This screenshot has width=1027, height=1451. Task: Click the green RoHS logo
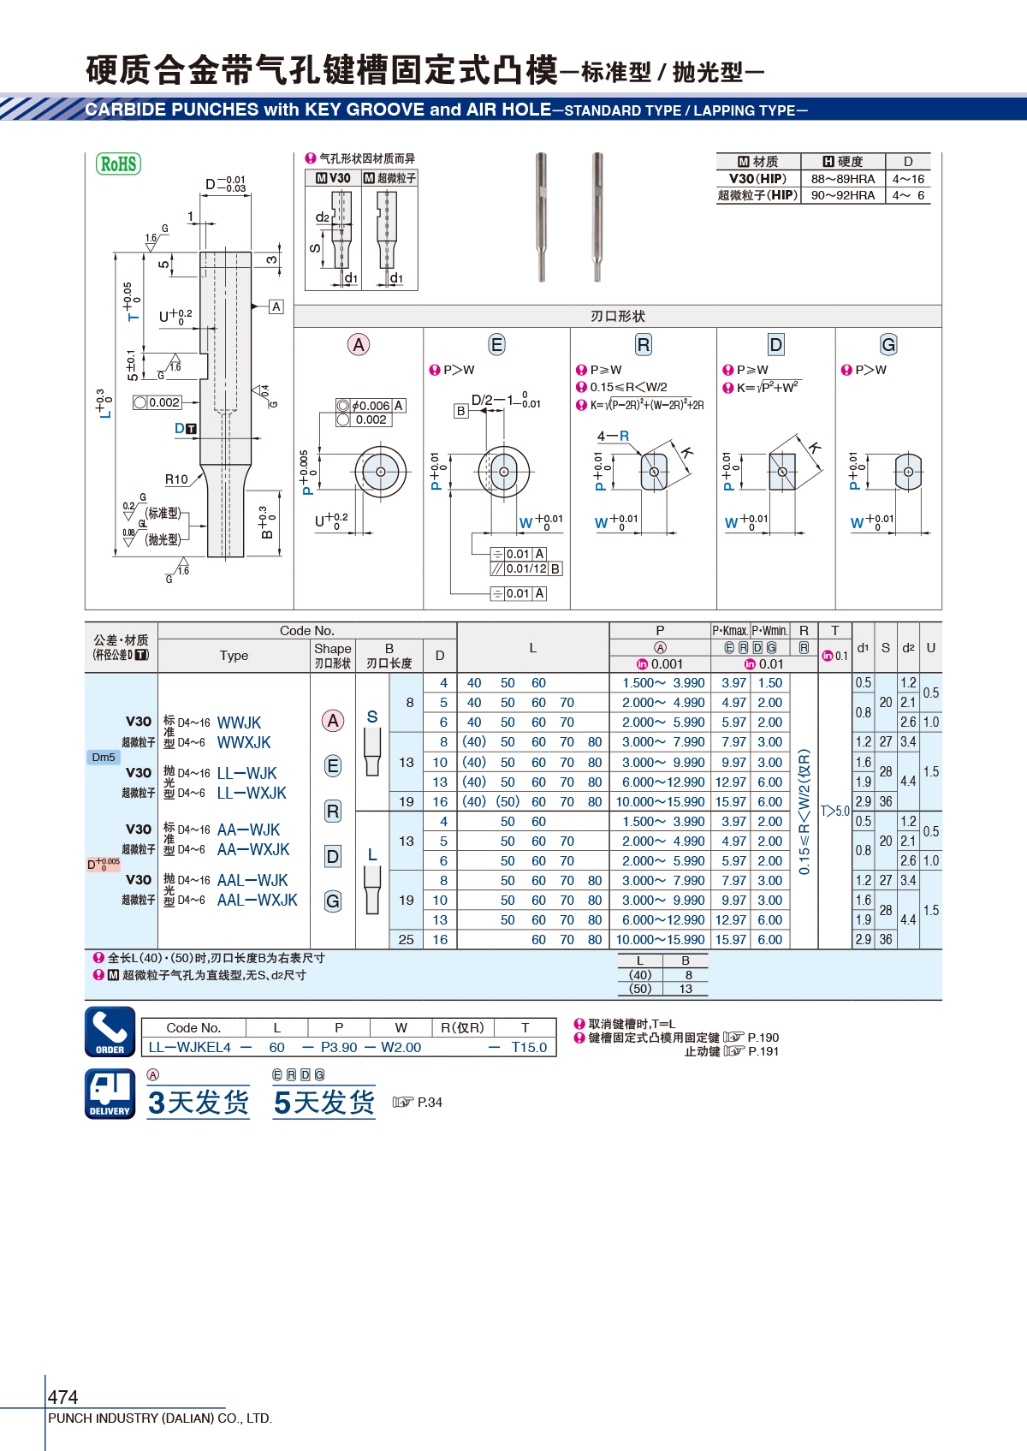pyautogui.click(x=118, y=164)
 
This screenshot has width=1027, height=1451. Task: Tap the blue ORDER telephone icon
pyautogui.click(x=110, y=1032)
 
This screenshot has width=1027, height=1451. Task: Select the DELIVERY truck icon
pyautogui.click(x=110, y=1094)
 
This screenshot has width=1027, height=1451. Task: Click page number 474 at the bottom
pyautogui.click(x=62, y=1396)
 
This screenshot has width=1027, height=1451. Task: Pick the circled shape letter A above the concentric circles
pyautogui.click(x=358, y=345)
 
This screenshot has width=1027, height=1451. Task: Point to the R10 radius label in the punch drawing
pyautogui.click(x=176, y=479)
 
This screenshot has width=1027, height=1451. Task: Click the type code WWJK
pyautogui.click(x=239, y=723)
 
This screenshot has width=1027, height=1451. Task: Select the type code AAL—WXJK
pyautogui.click(x=257, y=900)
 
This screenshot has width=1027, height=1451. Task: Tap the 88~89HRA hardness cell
pyautogui.click(x=842, y=179)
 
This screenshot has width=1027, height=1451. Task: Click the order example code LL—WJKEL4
pyautogui.click(x=190, y=1048)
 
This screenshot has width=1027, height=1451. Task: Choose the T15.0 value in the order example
pyautogui.click(x=529, y=1048)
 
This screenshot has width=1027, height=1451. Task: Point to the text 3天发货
pyautogui.click(x=199, y=1102)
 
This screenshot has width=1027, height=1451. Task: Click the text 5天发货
pyautogui.click(x=324, y=1102)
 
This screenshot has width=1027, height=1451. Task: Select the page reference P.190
pyautogui.click(x=763, y=1038)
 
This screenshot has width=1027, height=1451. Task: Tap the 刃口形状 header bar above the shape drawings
pyautogui.click(x=618, y=316)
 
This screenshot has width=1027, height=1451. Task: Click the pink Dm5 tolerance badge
pyautogui.click(x=104, y=758)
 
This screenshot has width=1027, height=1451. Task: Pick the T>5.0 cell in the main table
pyautogui.click(x=834, y=811)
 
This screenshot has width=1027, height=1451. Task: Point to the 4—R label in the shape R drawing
pyautogui.click(x=613, y=436)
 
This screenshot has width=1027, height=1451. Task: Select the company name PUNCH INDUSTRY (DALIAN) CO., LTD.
pyautogui.click(x=160, y=1418)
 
